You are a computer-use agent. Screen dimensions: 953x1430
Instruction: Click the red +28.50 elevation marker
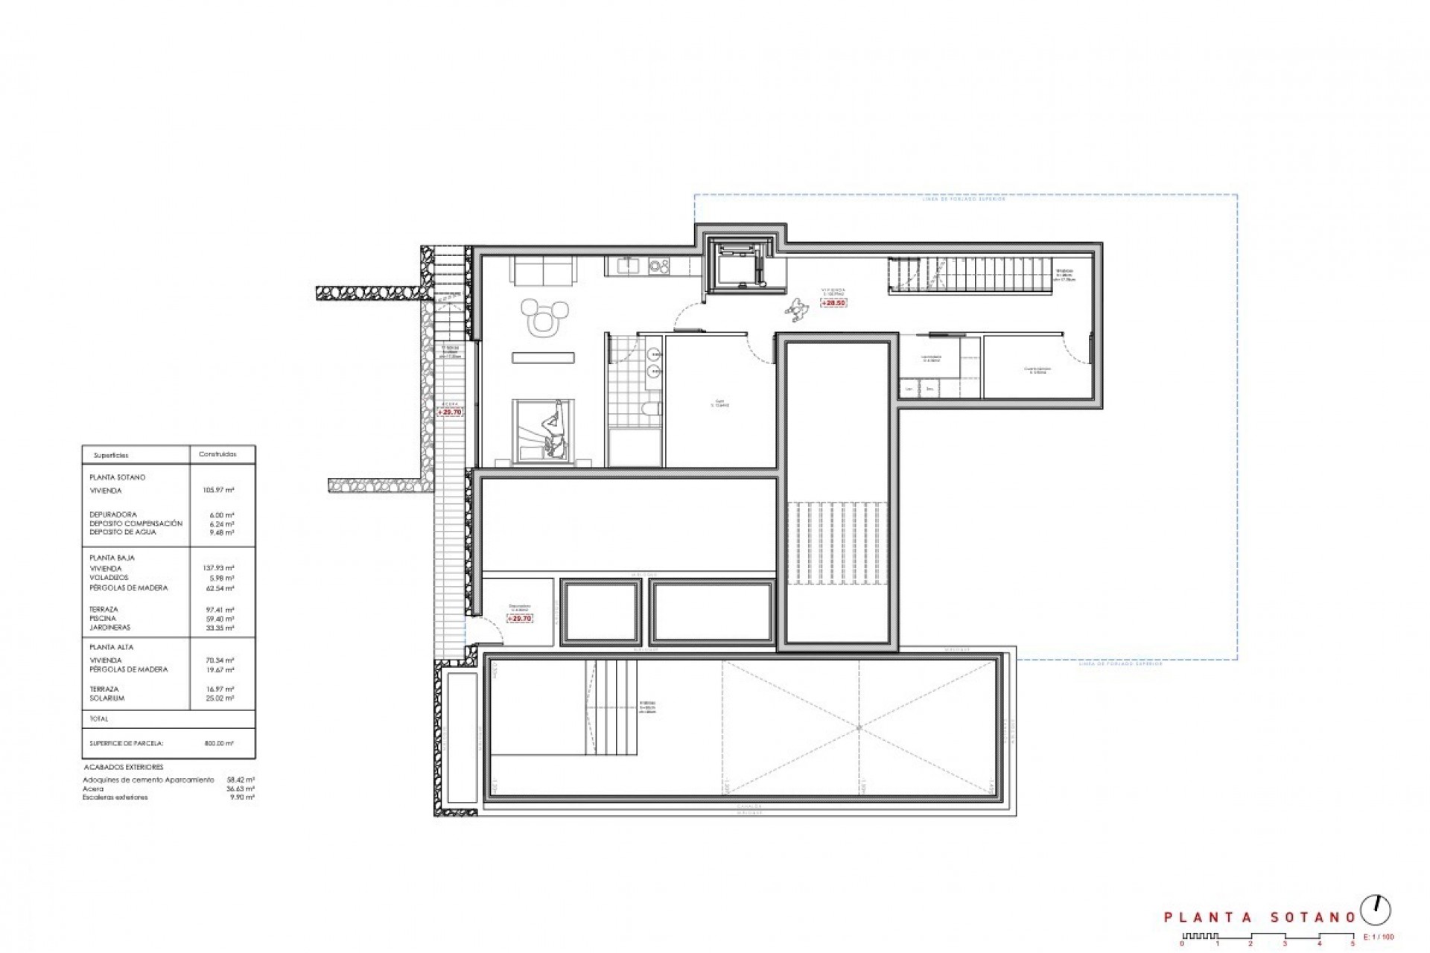(833, 303)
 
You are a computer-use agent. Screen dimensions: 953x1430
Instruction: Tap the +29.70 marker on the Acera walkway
(450, 412)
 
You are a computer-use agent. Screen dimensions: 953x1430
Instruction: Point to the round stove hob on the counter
(658, 264)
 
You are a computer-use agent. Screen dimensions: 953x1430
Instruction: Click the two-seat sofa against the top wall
(543, 270)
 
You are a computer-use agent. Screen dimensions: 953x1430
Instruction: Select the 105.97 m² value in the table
(218, 491)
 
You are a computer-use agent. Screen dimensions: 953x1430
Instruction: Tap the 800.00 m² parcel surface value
(220, 743)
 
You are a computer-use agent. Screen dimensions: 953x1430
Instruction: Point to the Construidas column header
(217, 454)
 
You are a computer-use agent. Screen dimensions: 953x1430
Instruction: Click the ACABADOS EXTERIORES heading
(123, 767)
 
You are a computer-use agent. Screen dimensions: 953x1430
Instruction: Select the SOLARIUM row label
(107, 698)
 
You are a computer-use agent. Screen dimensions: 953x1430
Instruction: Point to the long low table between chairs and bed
(544, 358)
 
